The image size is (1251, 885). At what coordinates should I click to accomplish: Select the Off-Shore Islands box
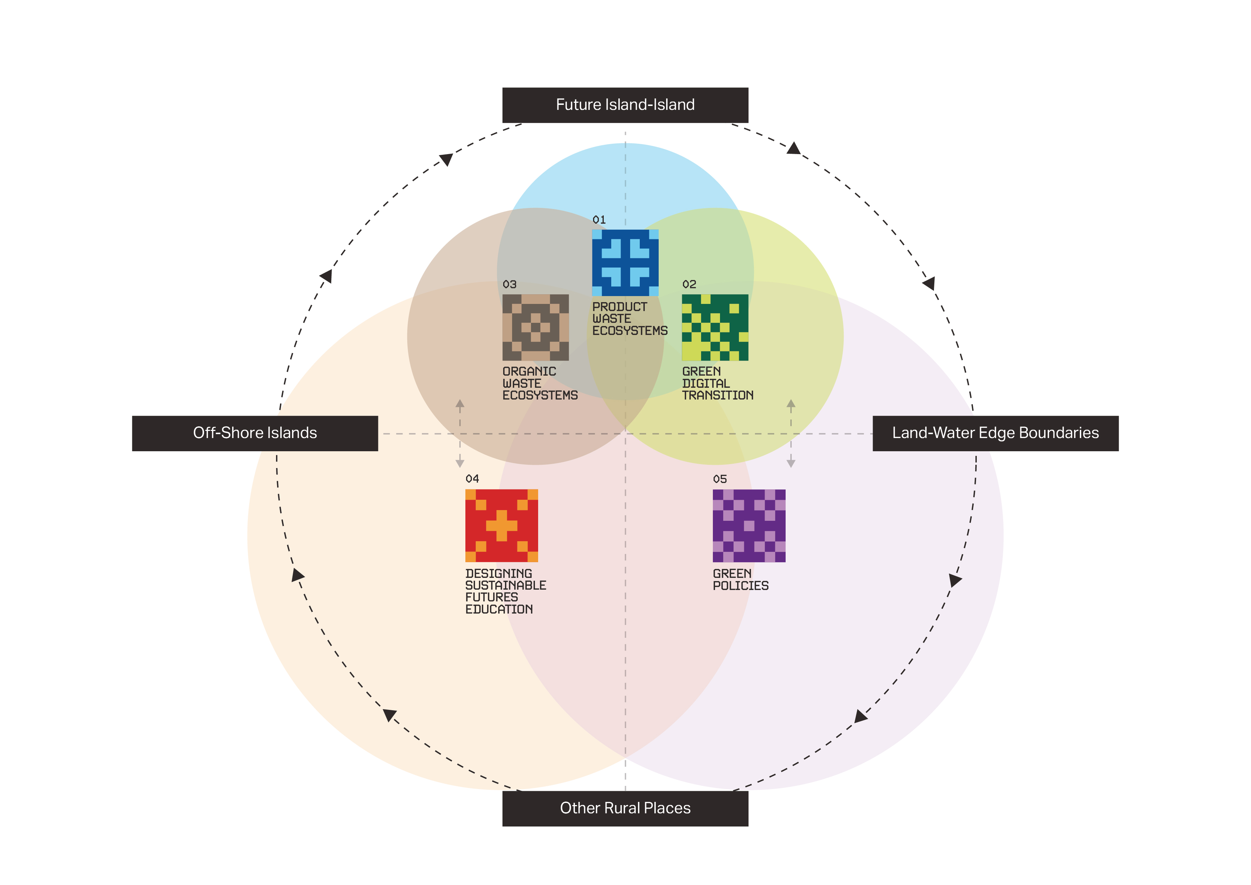(x=255, y=433)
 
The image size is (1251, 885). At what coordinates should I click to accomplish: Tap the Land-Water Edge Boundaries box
(x=995, y=433)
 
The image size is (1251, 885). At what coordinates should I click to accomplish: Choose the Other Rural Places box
(x=625, y=808)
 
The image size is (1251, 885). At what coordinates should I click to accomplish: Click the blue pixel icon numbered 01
(x=625, y=263)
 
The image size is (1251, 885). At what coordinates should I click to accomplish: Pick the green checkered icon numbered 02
(x=715, y=327)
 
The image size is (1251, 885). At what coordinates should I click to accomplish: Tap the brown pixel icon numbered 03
(x=536, y=327)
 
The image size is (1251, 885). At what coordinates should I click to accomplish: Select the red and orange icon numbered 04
(x=501, y=525)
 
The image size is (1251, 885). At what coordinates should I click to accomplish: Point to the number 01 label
(x=599, y=220)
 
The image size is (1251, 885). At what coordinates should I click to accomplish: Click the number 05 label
(x=720, y=479)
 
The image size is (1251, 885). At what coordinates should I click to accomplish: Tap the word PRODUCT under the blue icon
(x=619, y=307)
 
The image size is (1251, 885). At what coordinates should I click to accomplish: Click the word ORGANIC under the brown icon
(x=529, y=371)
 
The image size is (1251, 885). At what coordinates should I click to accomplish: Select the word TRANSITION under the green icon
(x=718, y=395)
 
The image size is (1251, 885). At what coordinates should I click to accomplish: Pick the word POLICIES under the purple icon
(x=740, y=586)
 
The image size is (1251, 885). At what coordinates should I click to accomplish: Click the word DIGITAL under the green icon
(x=706, y=383)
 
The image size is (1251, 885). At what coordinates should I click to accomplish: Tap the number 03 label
(x=510, y=284)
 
